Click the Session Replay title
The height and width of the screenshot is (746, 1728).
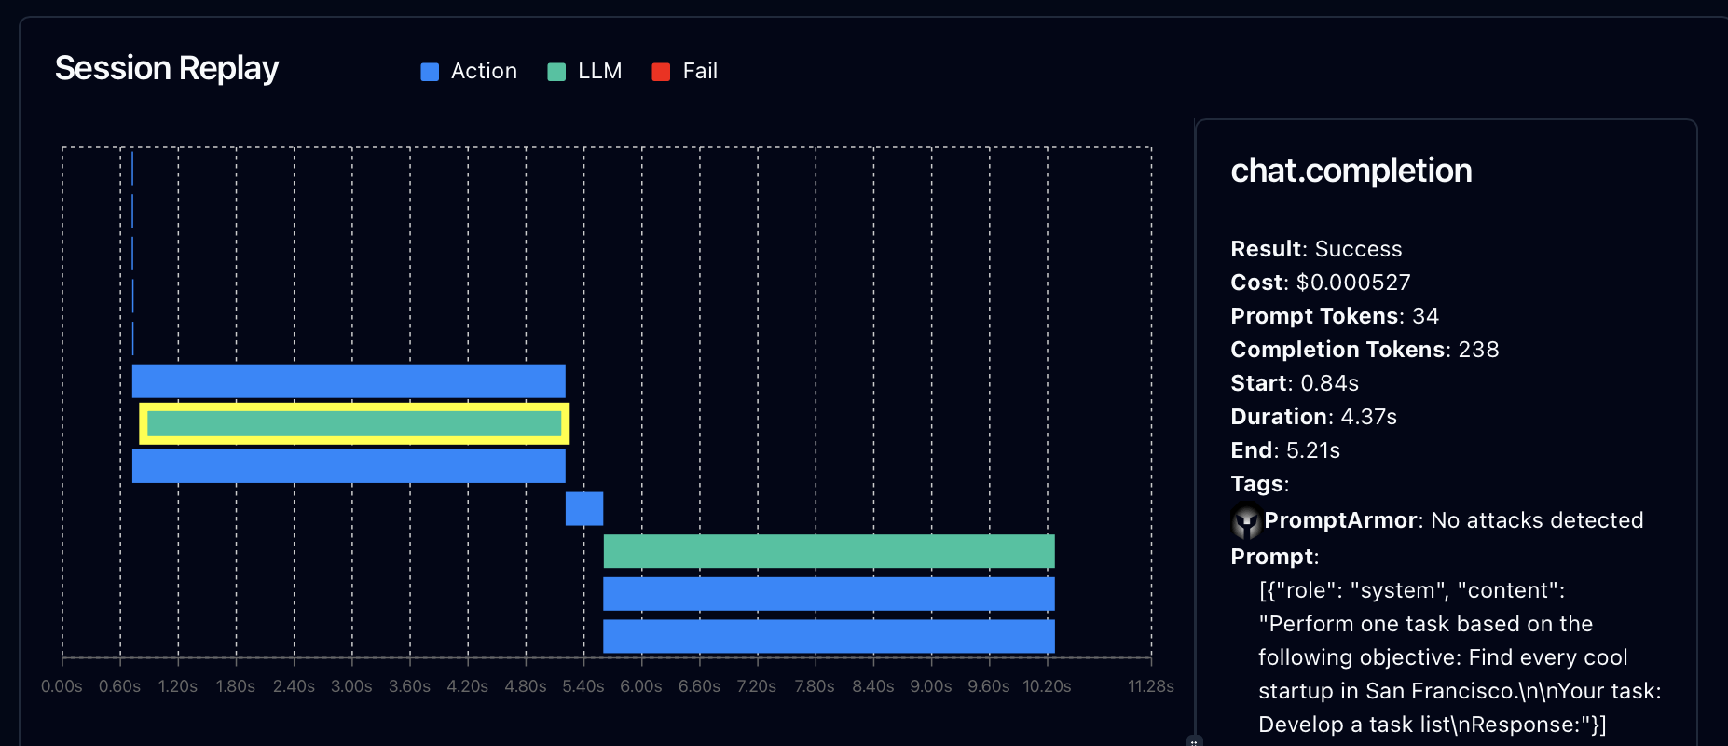167,68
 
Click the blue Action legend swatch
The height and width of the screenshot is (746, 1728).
430,72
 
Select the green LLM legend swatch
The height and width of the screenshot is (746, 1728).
556,72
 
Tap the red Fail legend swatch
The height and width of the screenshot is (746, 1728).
661,72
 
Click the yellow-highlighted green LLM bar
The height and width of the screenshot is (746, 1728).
354,423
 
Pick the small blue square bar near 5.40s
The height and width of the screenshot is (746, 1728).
584,508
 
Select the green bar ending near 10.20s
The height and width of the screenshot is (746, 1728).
829,551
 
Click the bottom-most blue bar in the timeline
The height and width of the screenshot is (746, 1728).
829,636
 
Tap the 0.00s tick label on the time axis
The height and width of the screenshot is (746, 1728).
62,686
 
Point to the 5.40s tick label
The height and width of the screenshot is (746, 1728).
583,686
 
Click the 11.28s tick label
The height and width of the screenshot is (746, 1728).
1151,686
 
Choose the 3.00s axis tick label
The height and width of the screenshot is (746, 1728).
351,686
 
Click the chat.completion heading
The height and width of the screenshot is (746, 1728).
1351,171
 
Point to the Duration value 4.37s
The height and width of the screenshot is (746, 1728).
1368,417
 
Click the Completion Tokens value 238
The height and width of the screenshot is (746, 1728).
1478,350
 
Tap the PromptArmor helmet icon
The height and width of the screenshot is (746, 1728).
1246,521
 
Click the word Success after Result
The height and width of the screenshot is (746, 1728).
1358,249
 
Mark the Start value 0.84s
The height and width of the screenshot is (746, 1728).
1329,383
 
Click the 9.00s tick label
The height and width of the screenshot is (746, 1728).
931,686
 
